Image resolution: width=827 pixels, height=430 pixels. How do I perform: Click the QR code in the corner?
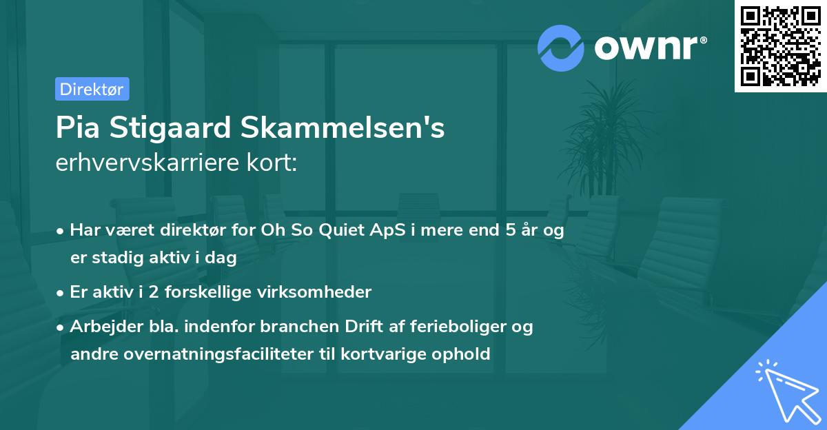point(780,46)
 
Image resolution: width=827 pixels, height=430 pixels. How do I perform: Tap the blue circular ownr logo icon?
point(560,48)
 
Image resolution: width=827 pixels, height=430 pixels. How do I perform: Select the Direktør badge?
point(92,89)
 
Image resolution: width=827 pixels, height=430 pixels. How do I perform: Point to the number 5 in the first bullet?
point(509,230)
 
